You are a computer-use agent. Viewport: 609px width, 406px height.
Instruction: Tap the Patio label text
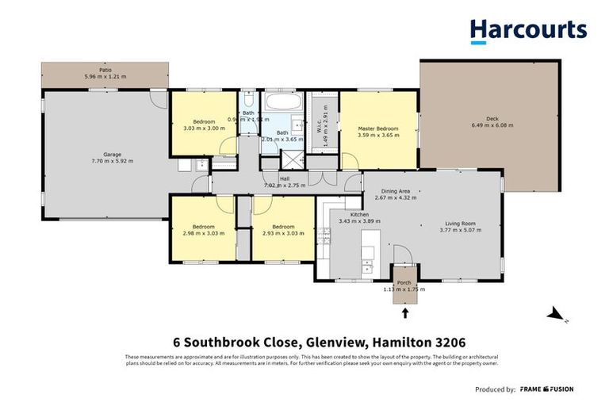105,70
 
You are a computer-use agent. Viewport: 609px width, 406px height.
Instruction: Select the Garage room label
111,155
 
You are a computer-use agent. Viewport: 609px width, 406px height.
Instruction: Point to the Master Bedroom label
377,128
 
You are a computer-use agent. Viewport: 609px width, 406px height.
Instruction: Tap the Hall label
283,178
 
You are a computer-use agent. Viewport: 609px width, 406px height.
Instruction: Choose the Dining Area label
396,191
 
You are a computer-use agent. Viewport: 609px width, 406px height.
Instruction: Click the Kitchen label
360,214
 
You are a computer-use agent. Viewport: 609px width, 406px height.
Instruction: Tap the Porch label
405,283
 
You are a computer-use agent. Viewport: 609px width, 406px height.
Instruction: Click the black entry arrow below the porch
406,312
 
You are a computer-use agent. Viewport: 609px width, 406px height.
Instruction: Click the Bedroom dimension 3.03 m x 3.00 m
203,128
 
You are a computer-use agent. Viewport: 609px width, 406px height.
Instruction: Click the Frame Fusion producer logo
547,389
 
